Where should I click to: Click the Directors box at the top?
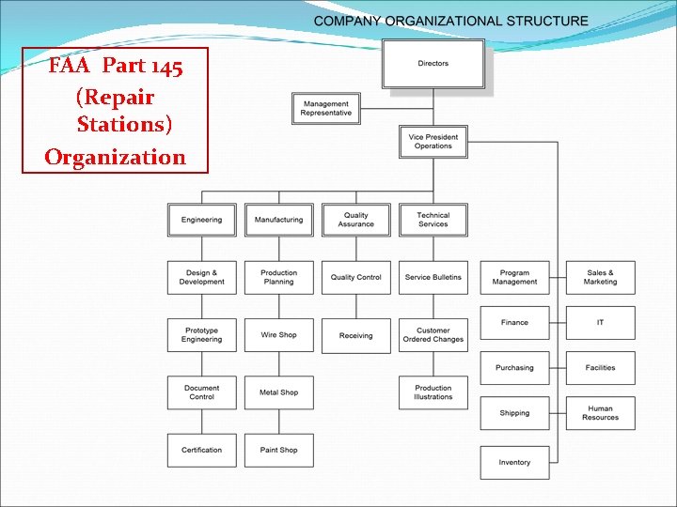tap(433, 64)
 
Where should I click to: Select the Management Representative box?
tap(326, 109)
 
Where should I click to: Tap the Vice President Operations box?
tap(433, 142)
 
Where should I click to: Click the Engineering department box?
tap(202, 220)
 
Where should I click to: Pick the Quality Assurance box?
tap(356, 220)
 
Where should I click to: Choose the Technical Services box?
tap(433, 220)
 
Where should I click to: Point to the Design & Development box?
tap(202, 278)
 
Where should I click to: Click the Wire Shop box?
tap(279, 335)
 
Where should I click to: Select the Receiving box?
tap(356, 335)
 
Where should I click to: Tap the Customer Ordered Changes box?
tap(433, 335)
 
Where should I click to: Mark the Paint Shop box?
tap(279, 451)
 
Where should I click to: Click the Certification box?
tap(202, 451)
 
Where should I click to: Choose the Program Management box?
tap(514, 278)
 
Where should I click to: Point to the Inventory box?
tap(514, 462)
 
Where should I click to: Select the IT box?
tap(600, 323)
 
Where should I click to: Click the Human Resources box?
tap(600, 413)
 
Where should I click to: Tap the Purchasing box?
tap(514, 368)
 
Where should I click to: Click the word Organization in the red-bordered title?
tap(116, 157)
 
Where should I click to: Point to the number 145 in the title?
tap(164, 67)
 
